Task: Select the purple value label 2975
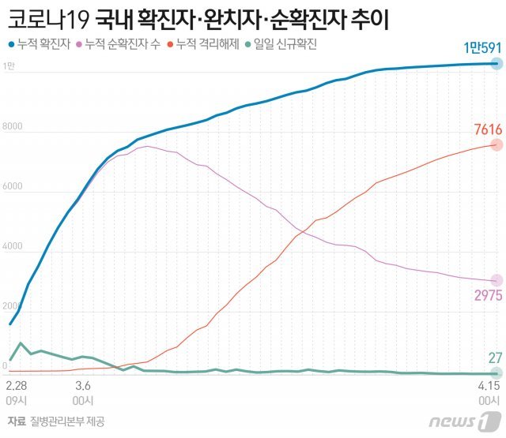(482, 296)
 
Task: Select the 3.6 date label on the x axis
(82, 385)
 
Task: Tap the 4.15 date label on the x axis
(489, 385)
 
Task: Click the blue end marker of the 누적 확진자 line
(496, 64)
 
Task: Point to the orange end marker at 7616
(496, 145)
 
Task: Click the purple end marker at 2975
(496, 280)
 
